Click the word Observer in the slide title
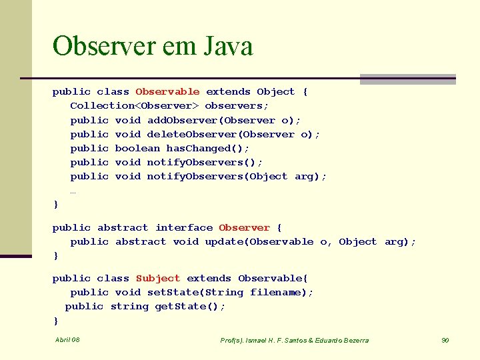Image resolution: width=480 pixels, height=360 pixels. pos(101,47)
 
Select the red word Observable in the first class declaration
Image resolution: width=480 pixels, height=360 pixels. pos(167,92)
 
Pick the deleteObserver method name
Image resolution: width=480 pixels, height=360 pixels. pos(188,134)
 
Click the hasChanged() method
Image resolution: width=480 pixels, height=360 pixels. pos(207,148)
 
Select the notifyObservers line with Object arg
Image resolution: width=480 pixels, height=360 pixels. pos(198,176)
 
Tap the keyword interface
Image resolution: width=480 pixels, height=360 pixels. pos(184,228)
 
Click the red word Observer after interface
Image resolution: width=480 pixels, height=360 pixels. pos(244,228)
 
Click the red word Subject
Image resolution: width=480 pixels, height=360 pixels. pos(158,279)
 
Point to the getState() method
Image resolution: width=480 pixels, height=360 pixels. pos(190,307)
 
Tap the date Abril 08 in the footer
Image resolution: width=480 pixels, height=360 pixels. pos(67,340)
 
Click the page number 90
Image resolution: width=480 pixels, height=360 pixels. pos(445,340)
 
